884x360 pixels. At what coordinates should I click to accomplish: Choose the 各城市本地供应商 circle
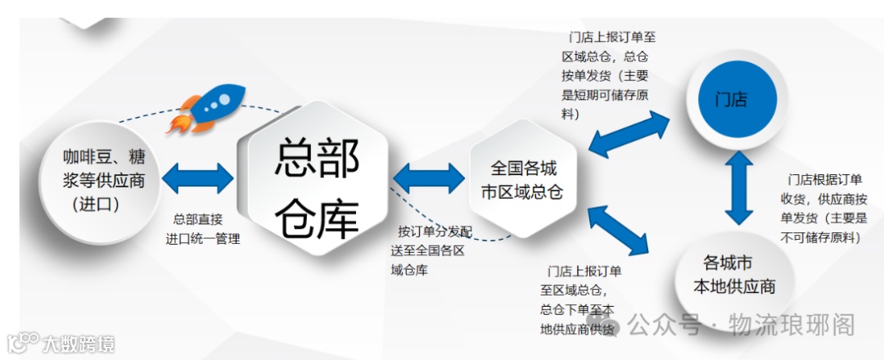click(x=733, y=275)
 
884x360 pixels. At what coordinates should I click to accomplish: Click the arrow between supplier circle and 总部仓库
click(x=198, y=178)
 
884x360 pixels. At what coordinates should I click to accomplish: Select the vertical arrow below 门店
click(x=738, y=190)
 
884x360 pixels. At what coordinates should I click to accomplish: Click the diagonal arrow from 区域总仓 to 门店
click(x=629, y=133)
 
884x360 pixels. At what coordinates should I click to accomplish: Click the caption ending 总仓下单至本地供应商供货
click(x=577, y=299)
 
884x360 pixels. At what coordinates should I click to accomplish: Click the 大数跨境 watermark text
click(x=79, y=344)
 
